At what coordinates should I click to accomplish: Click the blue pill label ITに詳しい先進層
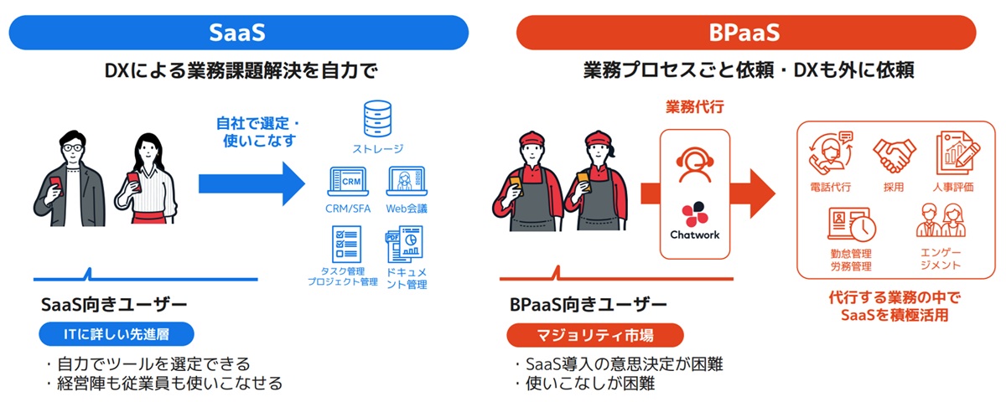[x=117, y=334]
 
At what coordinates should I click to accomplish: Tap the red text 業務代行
[x=694, y=107]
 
